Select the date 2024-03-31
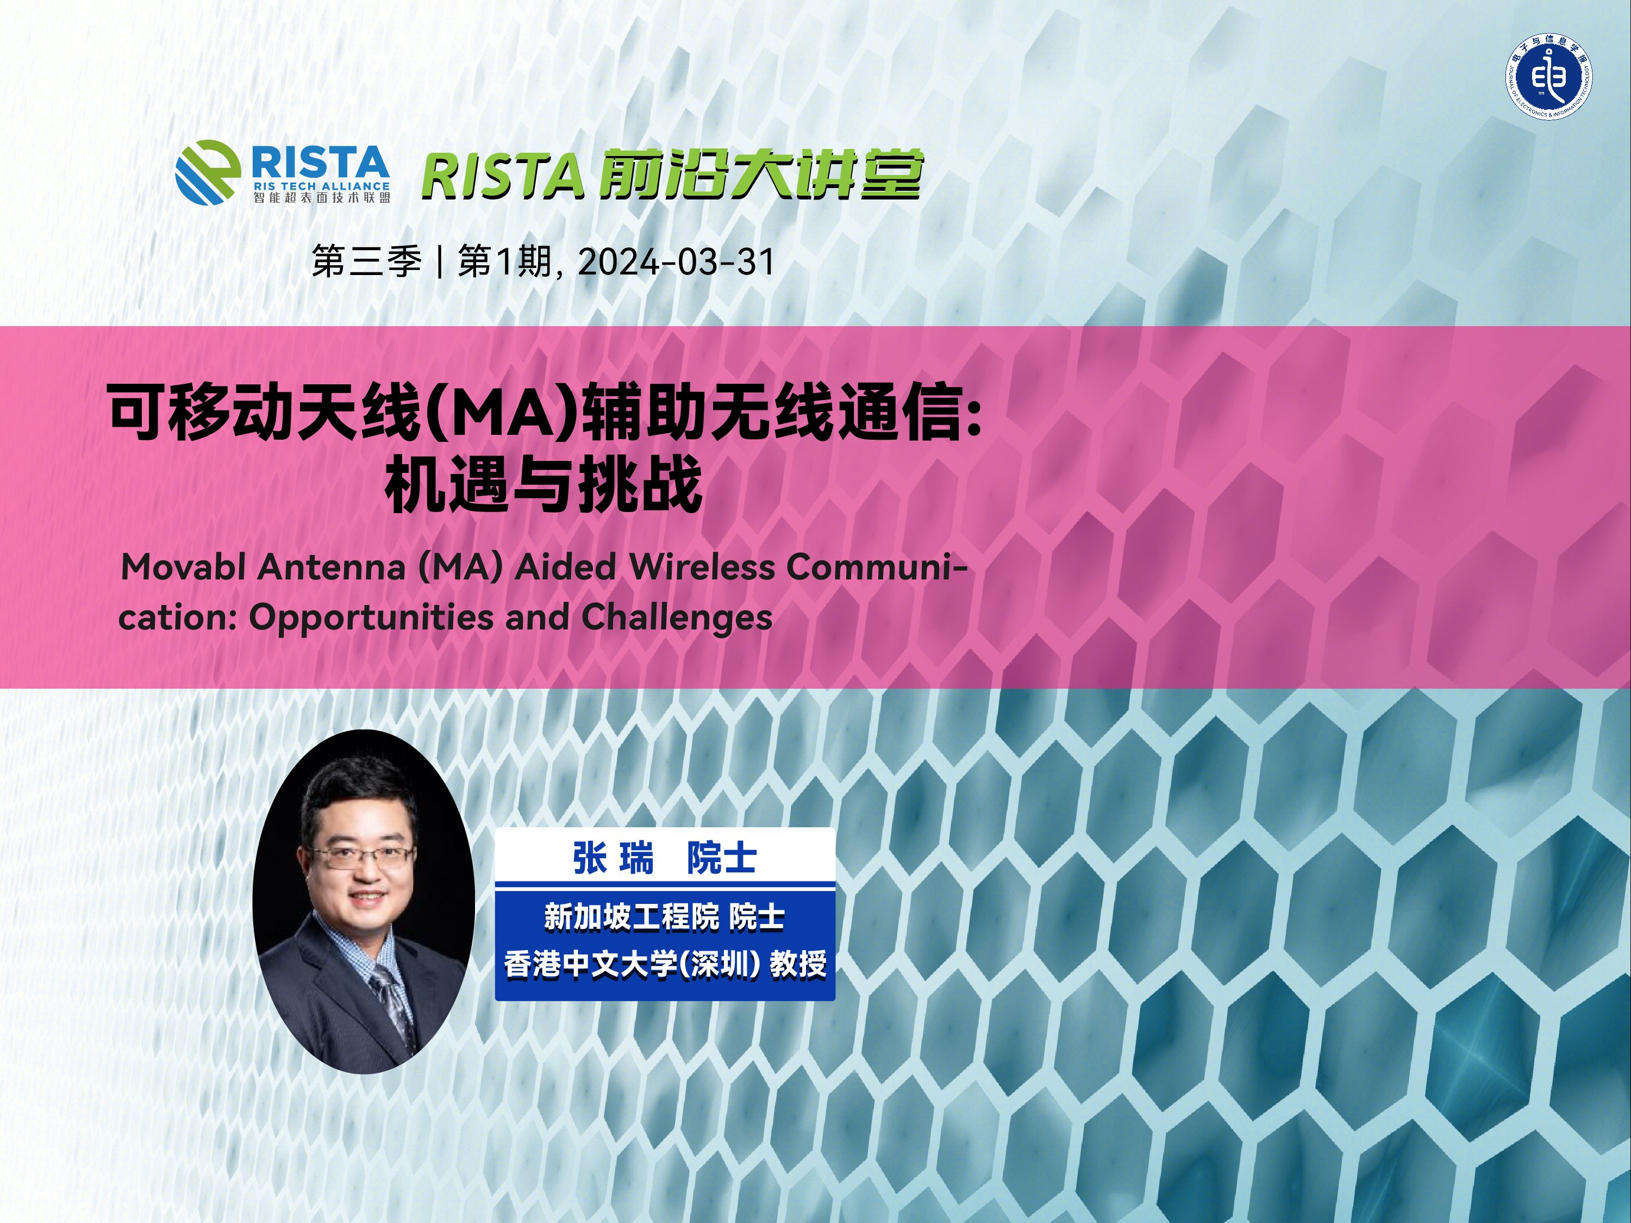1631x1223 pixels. point(676,262)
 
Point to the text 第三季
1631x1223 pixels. point(366,262)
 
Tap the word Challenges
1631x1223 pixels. point(677,618)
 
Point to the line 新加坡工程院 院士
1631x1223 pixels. point(664,918)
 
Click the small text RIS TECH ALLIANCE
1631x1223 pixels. point(321,186)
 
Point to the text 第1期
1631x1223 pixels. point(504,262)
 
